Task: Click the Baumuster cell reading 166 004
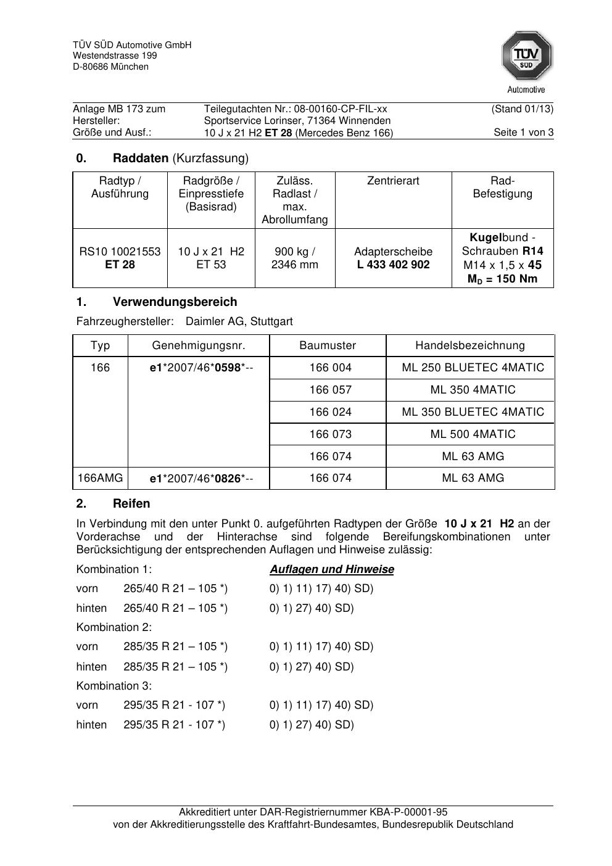[330, 368]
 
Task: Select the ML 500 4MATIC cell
[473, 434]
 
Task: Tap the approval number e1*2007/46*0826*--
[201, 479]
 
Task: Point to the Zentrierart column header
[393, 181]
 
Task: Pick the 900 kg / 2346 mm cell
[294, 258]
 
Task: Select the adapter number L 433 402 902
[393, 265]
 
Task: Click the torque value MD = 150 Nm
[502, 279]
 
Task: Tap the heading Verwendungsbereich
[175, 302]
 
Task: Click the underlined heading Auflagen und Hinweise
[331, 569]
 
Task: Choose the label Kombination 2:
[114, 627]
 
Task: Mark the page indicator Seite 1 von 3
[523, 133]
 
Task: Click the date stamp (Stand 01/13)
[522, 109]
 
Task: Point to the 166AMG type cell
[100, 478]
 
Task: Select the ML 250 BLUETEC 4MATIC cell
[473, 368]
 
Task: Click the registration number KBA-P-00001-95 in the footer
[408, 812]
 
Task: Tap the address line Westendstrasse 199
[115, 56]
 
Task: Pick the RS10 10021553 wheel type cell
[120, 252]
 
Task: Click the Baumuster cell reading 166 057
[330, 390]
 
